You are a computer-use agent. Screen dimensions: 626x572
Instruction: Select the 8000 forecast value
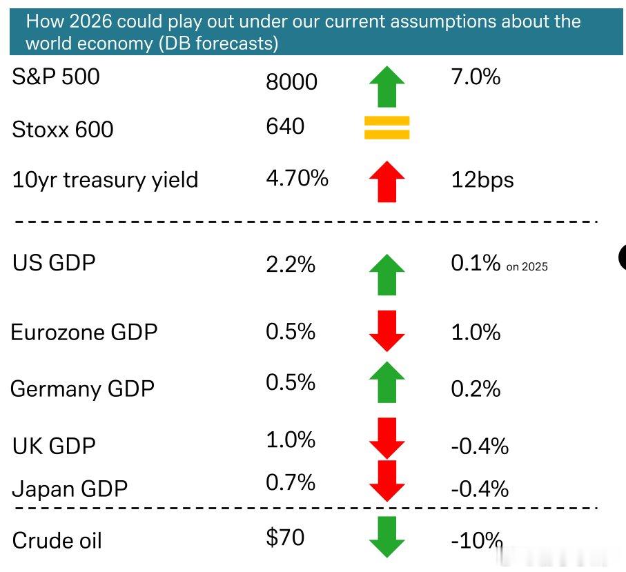291,82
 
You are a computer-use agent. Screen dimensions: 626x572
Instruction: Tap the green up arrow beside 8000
387,87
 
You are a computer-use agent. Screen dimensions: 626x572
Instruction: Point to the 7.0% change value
476,77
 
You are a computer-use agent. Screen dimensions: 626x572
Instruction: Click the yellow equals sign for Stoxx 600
387,128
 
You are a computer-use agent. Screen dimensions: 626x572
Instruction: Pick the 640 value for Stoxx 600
285,126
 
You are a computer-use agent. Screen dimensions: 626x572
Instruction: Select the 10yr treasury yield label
105,180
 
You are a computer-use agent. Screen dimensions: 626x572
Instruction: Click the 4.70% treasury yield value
297,178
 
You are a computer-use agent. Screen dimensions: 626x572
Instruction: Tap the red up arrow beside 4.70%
387,181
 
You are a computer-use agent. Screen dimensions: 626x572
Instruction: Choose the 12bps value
482,180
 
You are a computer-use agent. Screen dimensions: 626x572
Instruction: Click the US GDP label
54,263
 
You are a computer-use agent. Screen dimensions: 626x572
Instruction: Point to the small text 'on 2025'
527,266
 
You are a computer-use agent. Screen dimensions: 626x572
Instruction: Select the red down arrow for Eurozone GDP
387,331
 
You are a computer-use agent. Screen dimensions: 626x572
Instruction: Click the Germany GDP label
82,389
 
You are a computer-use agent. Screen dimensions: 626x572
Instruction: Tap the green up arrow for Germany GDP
387,382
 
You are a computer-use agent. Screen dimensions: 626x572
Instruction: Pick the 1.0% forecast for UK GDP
291,440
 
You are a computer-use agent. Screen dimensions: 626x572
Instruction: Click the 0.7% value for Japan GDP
291,482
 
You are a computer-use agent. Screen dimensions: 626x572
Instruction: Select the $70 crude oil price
285,538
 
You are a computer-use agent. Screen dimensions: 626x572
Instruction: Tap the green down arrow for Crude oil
387,537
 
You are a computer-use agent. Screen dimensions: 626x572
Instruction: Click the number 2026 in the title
90,21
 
